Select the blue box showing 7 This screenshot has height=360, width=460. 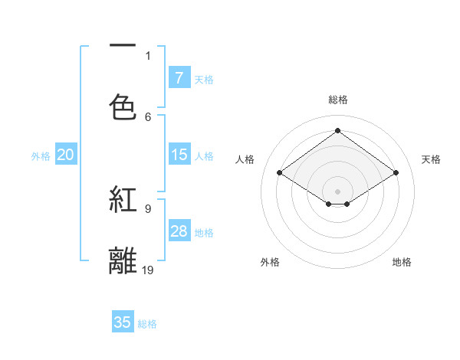[x=179, y=78]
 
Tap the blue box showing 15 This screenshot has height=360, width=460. [x=179, y=155]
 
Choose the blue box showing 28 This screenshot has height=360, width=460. [x=179, y=231]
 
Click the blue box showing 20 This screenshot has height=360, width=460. [x=65, y=155]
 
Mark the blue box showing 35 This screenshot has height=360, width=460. [x=123, y=322]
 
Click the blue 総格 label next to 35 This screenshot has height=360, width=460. [x=148, y=324]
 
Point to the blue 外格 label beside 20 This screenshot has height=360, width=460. [x=41, y=156]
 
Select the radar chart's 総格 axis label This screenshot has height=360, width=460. [x=338, y=100]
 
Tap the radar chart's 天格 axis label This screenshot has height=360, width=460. [x=432, y=159]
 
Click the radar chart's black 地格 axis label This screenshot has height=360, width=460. [x=402, y=262]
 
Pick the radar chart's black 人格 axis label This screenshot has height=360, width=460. [x=245, y=159]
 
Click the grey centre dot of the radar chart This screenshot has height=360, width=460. [x=338, y=191]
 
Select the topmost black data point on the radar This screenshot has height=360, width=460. [x=338, y=131]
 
